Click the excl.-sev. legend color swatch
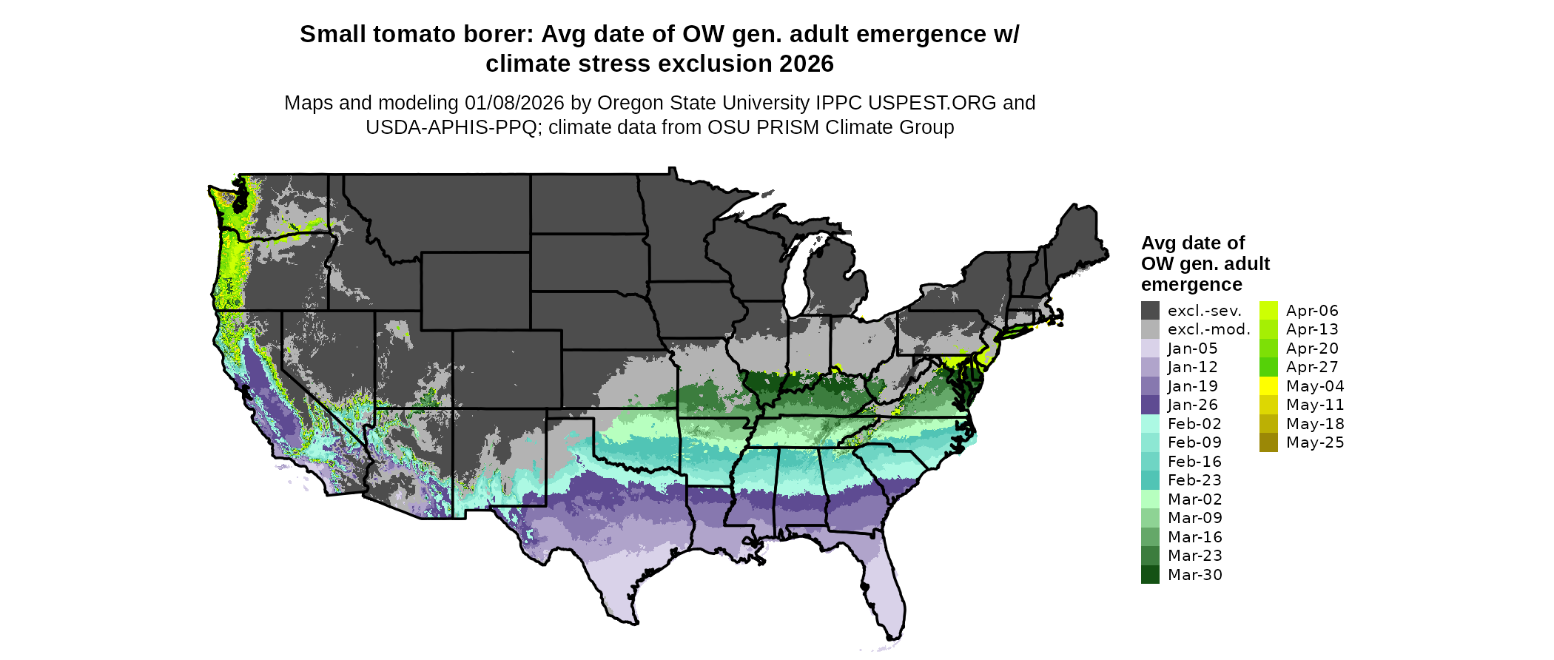click(1150, 311)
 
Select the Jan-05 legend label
click(1192, 348)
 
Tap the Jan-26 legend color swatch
click(1150, 405)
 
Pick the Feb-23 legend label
click(1194, 480)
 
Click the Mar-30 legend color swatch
click(1150, 575)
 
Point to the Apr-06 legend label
click(1312, 311)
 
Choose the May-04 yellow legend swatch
click(1268, 386)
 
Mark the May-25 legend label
click(1315, 442)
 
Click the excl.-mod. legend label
click(1208, 329)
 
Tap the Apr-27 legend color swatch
click(1268, 367)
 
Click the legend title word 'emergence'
click(1191, 285)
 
